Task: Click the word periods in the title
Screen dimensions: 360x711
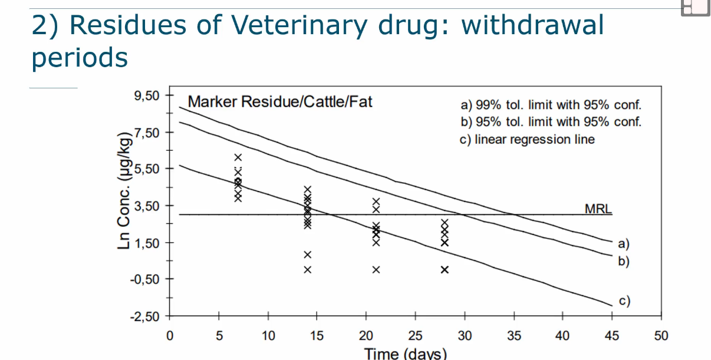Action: coord(80,58)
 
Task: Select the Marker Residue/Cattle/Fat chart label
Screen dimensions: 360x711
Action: coord(280,102)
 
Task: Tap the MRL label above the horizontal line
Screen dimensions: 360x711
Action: coord(598,209)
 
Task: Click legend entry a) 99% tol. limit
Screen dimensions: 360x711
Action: coord(550,105)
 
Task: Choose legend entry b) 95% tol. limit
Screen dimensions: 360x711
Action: coord(550,122)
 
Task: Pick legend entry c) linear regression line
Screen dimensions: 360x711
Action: coord(527,140)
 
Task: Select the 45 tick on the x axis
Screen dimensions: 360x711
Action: coord(612,336)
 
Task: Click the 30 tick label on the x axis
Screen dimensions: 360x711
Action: coord(465,336)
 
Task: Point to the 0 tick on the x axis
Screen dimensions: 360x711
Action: coord(170,336)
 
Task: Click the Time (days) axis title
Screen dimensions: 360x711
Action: coord(406,354)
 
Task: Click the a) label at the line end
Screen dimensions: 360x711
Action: coord(624,243)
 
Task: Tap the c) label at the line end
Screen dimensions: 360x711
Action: coord(624,302)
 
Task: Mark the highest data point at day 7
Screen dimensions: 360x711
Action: coord(238,157)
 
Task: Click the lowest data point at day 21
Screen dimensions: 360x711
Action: coord(376,270)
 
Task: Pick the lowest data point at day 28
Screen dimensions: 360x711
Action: coord(445,270)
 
